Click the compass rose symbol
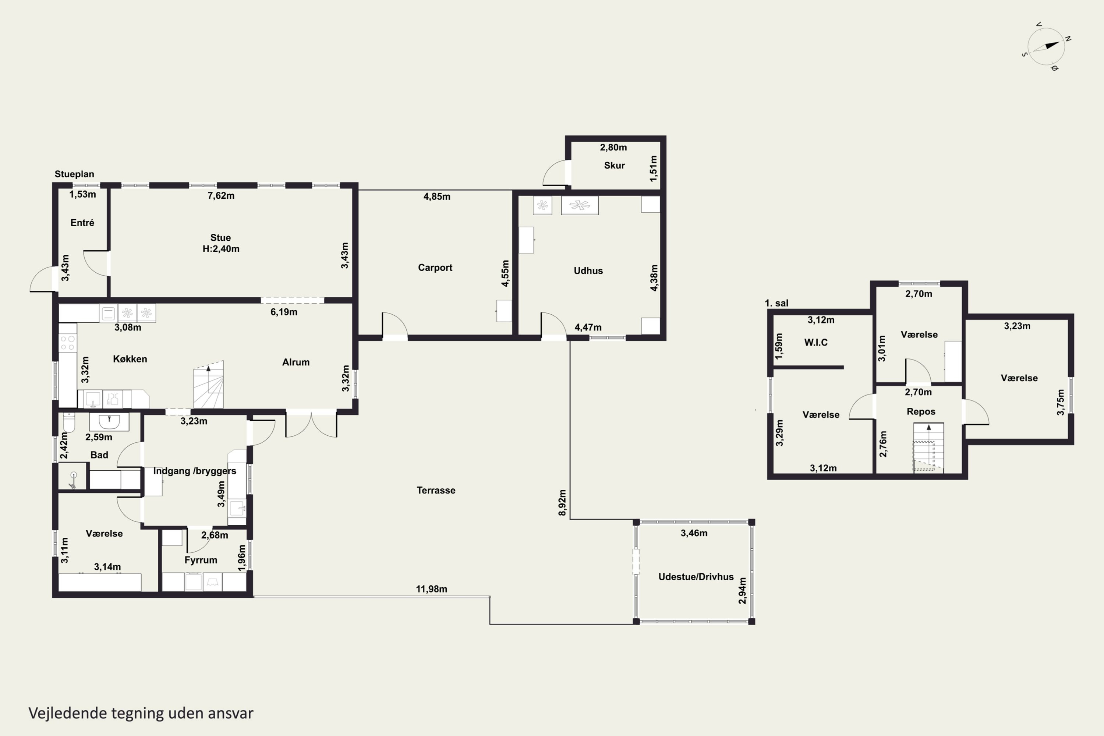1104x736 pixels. tap(1046, 46)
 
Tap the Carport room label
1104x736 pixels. tap(435, 268)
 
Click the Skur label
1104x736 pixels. tap(615, 165)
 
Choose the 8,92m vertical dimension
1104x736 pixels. tap(562, 503)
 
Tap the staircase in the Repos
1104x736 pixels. tap(928, 447)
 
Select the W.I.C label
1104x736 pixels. tap(816, 342)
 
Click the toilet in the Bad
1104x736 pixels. tap(69, 422)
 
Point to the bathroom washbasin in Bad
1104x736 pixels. tap(109, 421)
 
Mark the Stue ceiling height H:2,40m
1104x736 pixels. tap(221, 249)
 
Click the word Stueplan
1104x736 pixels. tap(74, 174)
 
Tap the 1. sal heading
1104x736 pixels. tap(776, 303)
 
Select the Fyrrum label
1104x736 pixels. tap(201, 560)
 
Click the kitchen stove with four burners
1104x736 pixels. tap(68, 343)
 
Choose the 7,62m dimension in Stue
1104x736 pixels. tap(221, 196)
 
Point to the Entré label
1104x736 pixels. tap(82, 223)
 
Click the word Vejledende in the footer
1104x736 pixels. tap(68, 713)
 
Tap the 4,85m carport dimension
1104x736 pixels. tap(437, 197)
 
